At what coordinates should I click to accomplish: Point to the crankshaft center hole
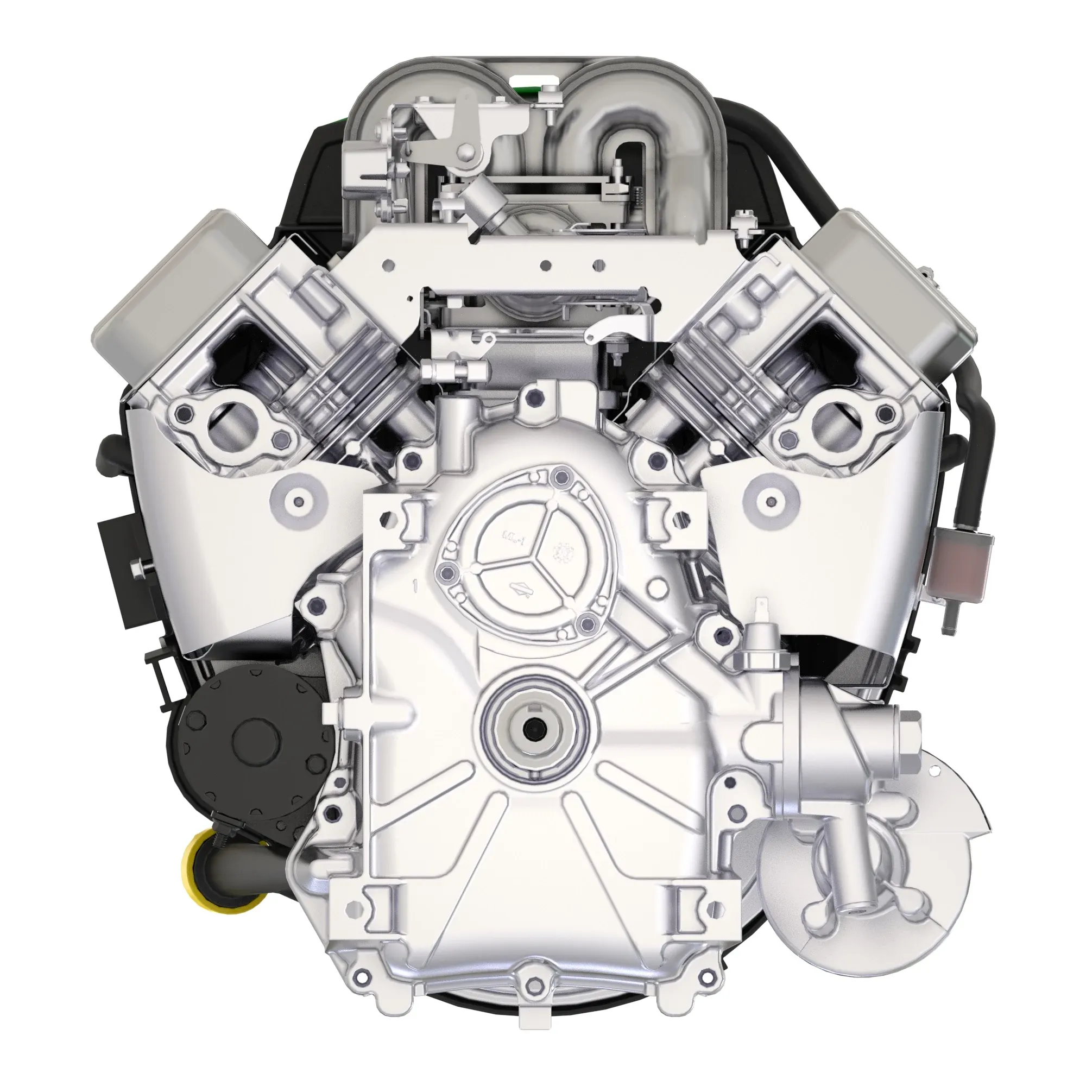click(531, 729)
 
